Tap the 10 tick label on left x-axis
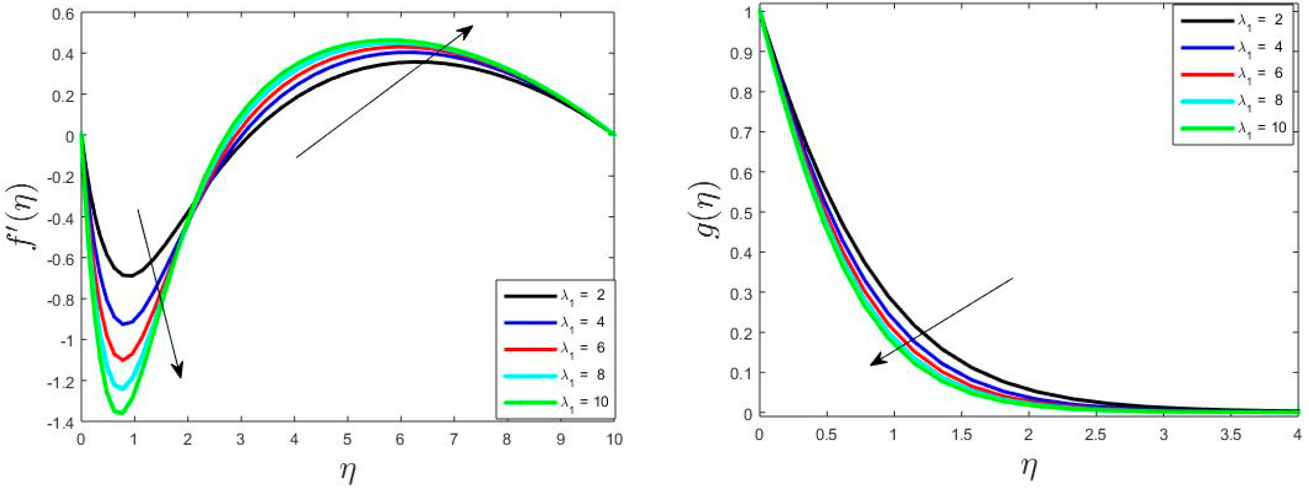(x=614, y=439)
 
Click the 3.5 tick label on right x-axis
(x=1230, y=435)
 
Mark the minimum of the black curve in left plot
(x=130, y=275)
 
